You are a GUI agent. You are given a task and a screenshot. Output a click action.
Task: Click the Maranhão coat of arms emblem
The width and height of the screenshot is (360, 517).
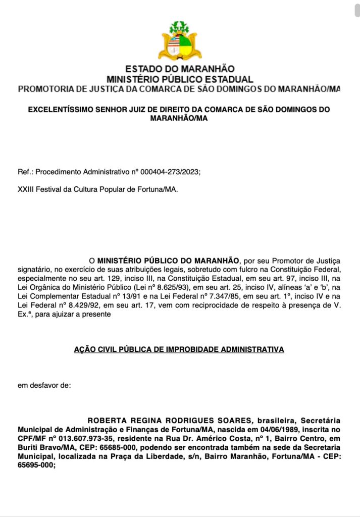point(180,41)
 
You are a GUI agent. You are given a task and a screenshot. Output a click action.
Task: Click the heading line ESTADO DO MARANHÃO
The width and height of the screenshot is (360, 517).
point(180,69)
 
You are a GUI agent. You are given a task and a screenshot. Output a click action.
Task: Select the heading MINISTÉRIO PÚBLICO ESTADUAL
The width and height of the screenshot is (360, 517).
point(180,79)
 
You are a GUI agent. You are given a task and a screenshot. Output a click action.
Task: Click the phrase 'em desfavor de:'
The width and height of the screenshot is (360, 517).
point(44,386)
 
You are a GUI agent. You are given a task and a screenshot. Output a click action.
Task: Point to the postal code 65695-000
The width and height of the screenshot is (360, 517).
point(35,467)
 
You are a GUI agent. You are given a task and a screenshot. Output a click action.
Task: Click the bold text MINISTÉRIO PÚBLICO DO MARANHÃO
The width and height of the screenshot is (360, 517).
point(168,261)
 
